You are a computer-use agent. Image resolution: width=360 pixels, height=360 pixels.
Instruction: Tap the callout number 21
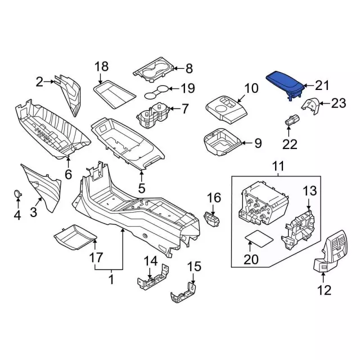(x=321, y=85)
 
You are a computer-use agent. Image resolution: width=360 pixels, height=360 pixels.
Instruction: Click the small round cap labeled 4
(x=17, y=194)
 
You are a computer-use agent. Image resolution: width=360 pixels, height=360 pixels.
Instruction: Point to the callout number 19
(x=187, y=88)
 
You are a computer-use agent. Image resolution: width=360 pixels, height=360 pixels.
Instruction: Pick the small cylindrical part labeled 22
(x=292, y=120)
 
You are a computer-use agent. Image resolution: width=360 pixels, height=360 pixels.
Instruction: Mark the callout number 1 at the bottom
(x=110, y=277)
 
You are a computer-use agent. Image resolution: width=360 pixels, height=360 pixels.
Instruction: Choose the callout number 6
(x=68, y=174)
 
